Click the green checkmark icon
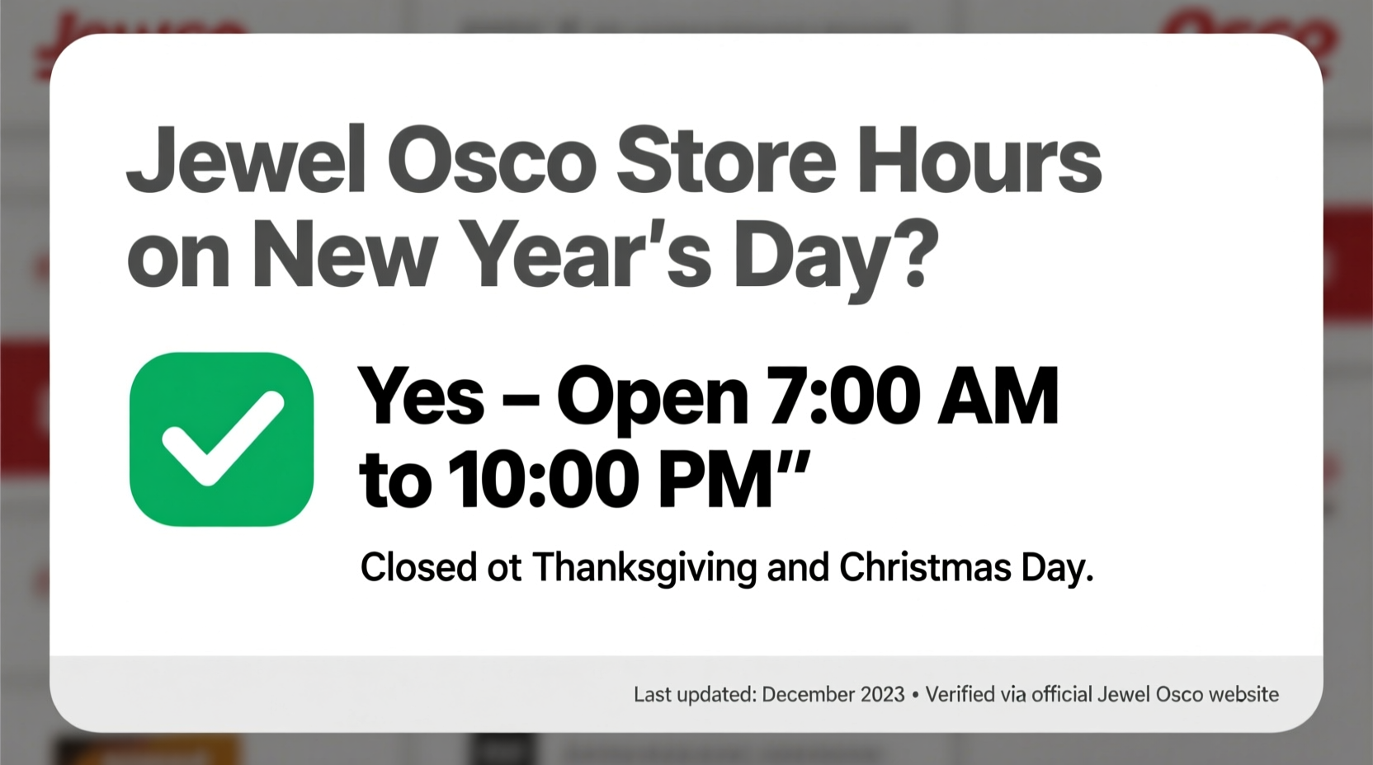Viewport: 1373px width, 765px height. click(x=221, y=439)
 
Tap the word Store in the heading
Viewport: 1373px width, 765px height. click(x=726, y=160)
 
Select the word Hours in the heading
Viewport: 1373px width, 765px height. click(x=979, y=160)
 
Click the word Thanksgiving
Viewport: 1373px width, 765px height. click(x=644, y=568)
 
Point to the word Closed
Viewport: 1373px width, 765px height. click(x=418, y=568)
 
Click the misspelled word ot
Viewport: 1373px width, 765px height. click(x=504, y=568)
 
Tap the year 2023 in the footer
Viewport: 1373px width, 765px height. click(x=882, y=695)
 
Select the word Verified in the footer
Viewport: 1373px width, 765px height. click(x=960, y=695)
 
